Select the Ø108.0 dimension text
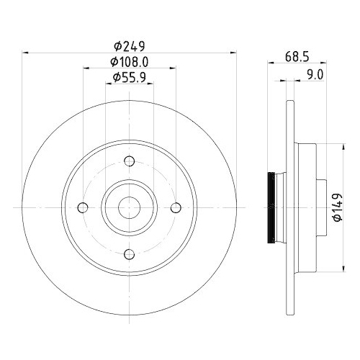tap(130, 62)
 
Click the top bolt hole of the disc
tap(130, 161)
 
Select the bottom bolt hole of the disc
tap(130, 253)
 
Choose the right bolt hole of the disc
tap(176, 207)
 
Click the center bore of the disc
tap(130, 207)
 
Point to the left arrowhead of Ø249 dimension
tap(26, 52)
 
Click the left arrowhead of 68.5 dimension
tap(271, 62)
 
